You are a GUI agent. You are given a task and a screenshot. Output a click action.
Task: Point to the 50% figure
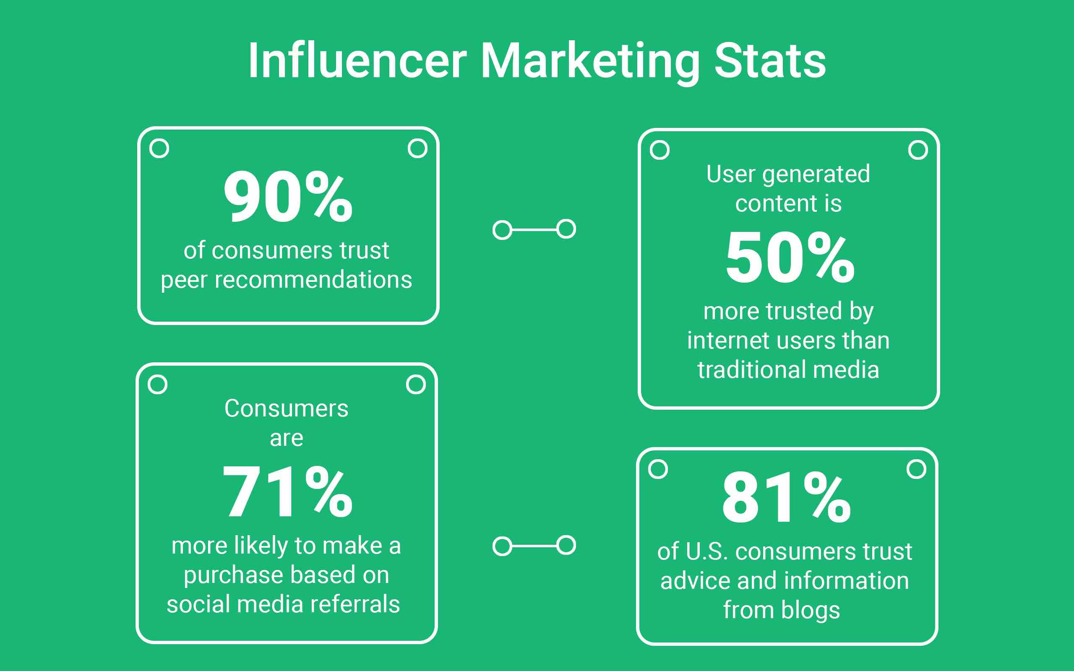790,257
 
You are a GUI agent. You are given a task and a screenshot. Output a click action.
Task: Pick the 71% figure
287,491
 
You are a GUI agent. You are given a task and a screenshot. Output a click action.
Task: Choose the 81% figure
787,497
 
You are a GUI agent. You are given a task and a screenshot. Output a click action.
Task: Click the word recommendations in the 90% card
313,280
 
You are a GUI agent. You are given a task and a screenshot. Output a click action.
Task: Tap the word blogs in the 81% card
811,610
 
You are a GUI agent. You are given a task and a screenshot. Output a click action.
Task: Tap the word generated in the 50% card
816,174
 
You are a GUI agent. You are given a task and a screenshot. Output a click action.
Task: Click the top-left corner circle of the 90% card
159,148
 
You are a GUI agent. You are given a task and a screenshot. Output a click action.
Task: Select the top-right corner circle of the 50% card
918,150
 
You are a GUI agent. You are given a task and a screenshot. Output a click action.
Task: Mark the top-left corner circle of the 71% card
158,385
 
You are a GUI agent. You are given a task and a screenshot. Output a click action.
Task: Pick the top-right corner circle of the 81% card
916,469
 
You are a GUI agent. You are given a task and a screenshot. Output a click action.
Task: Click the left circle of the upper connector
502,230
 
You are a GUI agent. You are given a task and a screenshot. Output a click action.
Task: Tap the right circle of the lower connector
566,546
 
